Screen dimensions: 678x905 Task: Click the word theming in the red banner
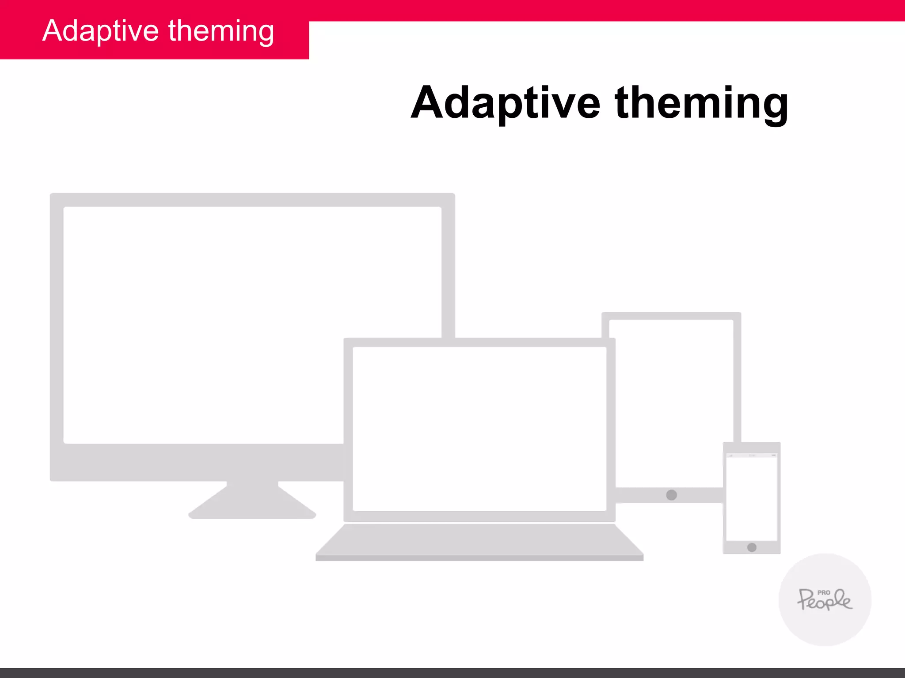[x=221, y=32]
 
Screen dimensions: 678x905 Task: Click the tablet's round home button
[x=671, y=495]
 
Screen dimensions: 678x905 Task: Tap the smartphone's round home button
[x=752, y=547]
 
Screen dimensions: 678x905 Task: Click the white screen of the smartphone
[x=752, y=499]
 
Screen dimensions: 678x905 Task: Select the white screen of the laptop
[x=479, y=428]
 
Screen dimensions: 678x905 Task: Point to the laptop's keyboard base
[x=479, y=541]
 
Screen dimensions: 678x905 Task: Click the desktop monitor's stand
[x=252, y=503]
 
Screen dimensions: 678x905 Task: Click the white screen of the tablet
[x=671, y=397]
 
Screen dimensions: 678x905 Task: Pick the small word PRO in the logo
[x=824, y=593]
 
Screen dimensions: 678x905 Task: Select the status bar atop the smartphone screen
[x=752, y=455]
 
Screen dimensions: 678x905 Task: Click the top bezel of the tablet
[x=671, y=316]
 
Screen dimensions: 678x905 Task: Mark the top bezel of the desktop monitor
[x=252, y=200]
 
